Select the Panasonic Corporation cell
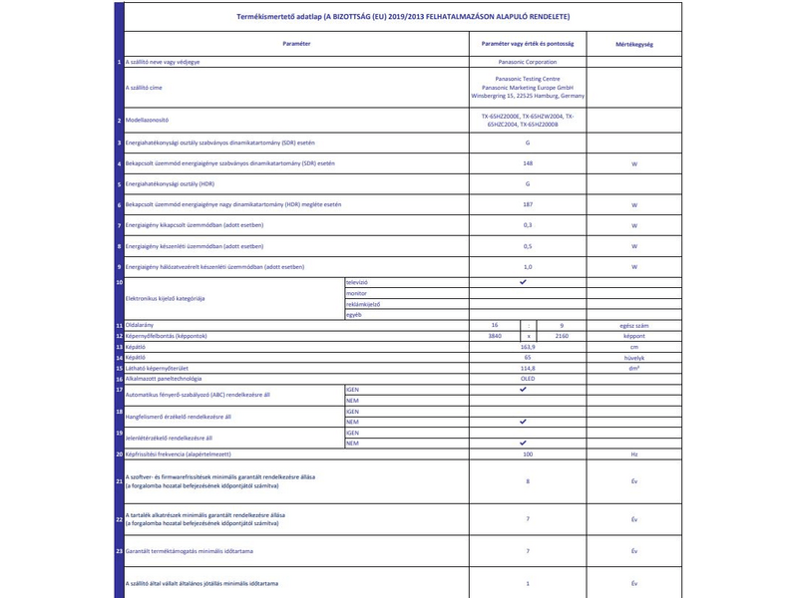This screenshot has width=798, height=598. pyautogui.click(x=527, y=62)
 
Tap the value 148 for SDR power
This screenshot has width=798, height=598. pyautogui.click(x=527, y=163)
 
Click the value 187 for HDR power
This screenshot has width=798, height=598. pyautogui.click(x=527, y=204)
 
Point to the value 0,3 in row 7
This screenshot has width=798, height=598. pyautogui.click(x=527, y=225)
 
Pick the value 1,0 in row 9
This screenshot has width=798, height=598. pyautogui.click(x=527, y=267)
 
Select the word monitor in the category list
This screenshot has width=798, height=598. pyautogui.click(x=356, y=294)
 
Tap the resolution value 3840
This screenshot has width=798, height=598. pyautogui.click(x=488, y=336)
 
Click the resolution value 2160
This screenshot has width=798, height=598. pyautogui.click(x=561, y=336)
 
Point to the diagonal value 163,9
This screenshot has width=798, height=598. pyautogui.click(x=527, y=347)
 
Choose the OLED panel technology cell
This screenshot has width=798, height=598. pyautogui.click(x=527, y=379)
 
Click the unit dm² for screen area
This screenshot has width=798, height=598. pyautogui.click(x=634, y=368)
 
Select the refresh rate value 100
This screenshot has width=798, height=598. pyautogui.click(x=527, y=453)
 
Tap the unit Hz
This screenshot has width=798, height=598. pyautogui.click(x=634, y=453)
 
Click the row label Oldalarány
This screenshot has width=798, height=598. pyautogui.click(x=141, y=326)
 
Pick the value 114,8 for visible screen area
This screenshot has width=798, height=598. pyautogui.click(x=527, y=368)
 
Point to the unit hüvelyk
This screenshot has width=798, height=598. pyautogui.click(x=634, y=357)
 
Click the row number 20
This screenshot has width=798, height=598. pyautogui.click(x=119, y=453)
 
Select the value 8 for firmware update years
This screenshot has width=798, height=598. pyautogui.click(x=527, y=480)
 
